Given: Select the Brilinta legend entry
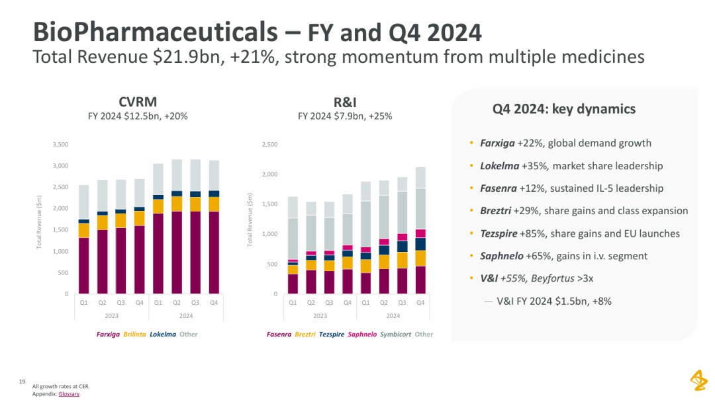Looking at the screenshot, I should click(134, 334).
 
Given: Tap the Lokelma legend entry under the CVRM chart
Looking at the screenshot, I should click(163, 334).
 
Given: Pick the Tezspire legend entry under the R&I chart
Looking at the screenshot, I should click(332, 334).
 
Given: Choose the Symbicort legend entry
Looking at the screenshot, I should click(396, 334).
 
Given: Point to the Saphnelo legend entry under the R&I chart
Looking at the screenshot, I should click(362, 334).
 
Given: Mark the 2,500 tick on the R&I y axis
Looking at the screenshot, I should click(269, 144).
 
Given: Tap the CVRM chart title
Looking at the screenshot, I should click(138, 102).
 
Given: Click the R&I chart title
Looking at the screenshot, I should click(345, 102).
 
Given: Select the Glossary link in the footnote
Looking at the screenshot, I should click(69, 394).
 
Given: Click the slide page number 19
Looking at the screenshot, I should click(22, 381).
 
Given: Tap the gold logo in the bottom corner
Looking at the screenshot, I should click(698, 381).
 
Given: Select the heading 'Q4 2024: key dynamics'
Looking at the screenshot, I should click(564, 109).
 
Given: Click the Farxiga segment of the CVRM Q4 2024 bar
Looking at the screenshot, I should click(214, 253).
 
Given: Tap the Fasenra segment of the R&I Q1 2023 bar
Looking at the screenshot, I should click(293, 284).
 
